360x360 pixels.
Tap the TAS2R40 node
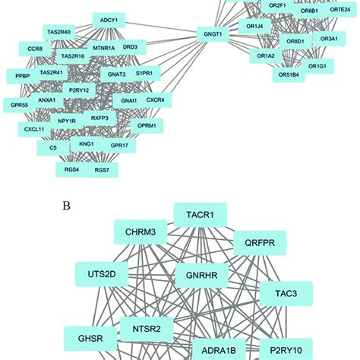click(58, 33)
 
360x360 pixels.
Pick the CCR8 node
click(35, 49)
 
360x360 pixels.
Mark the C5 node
click(53, 147)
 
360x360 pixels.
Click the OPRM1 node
click(145, 125)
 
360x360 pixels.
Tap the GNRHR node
click(197, 276)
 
